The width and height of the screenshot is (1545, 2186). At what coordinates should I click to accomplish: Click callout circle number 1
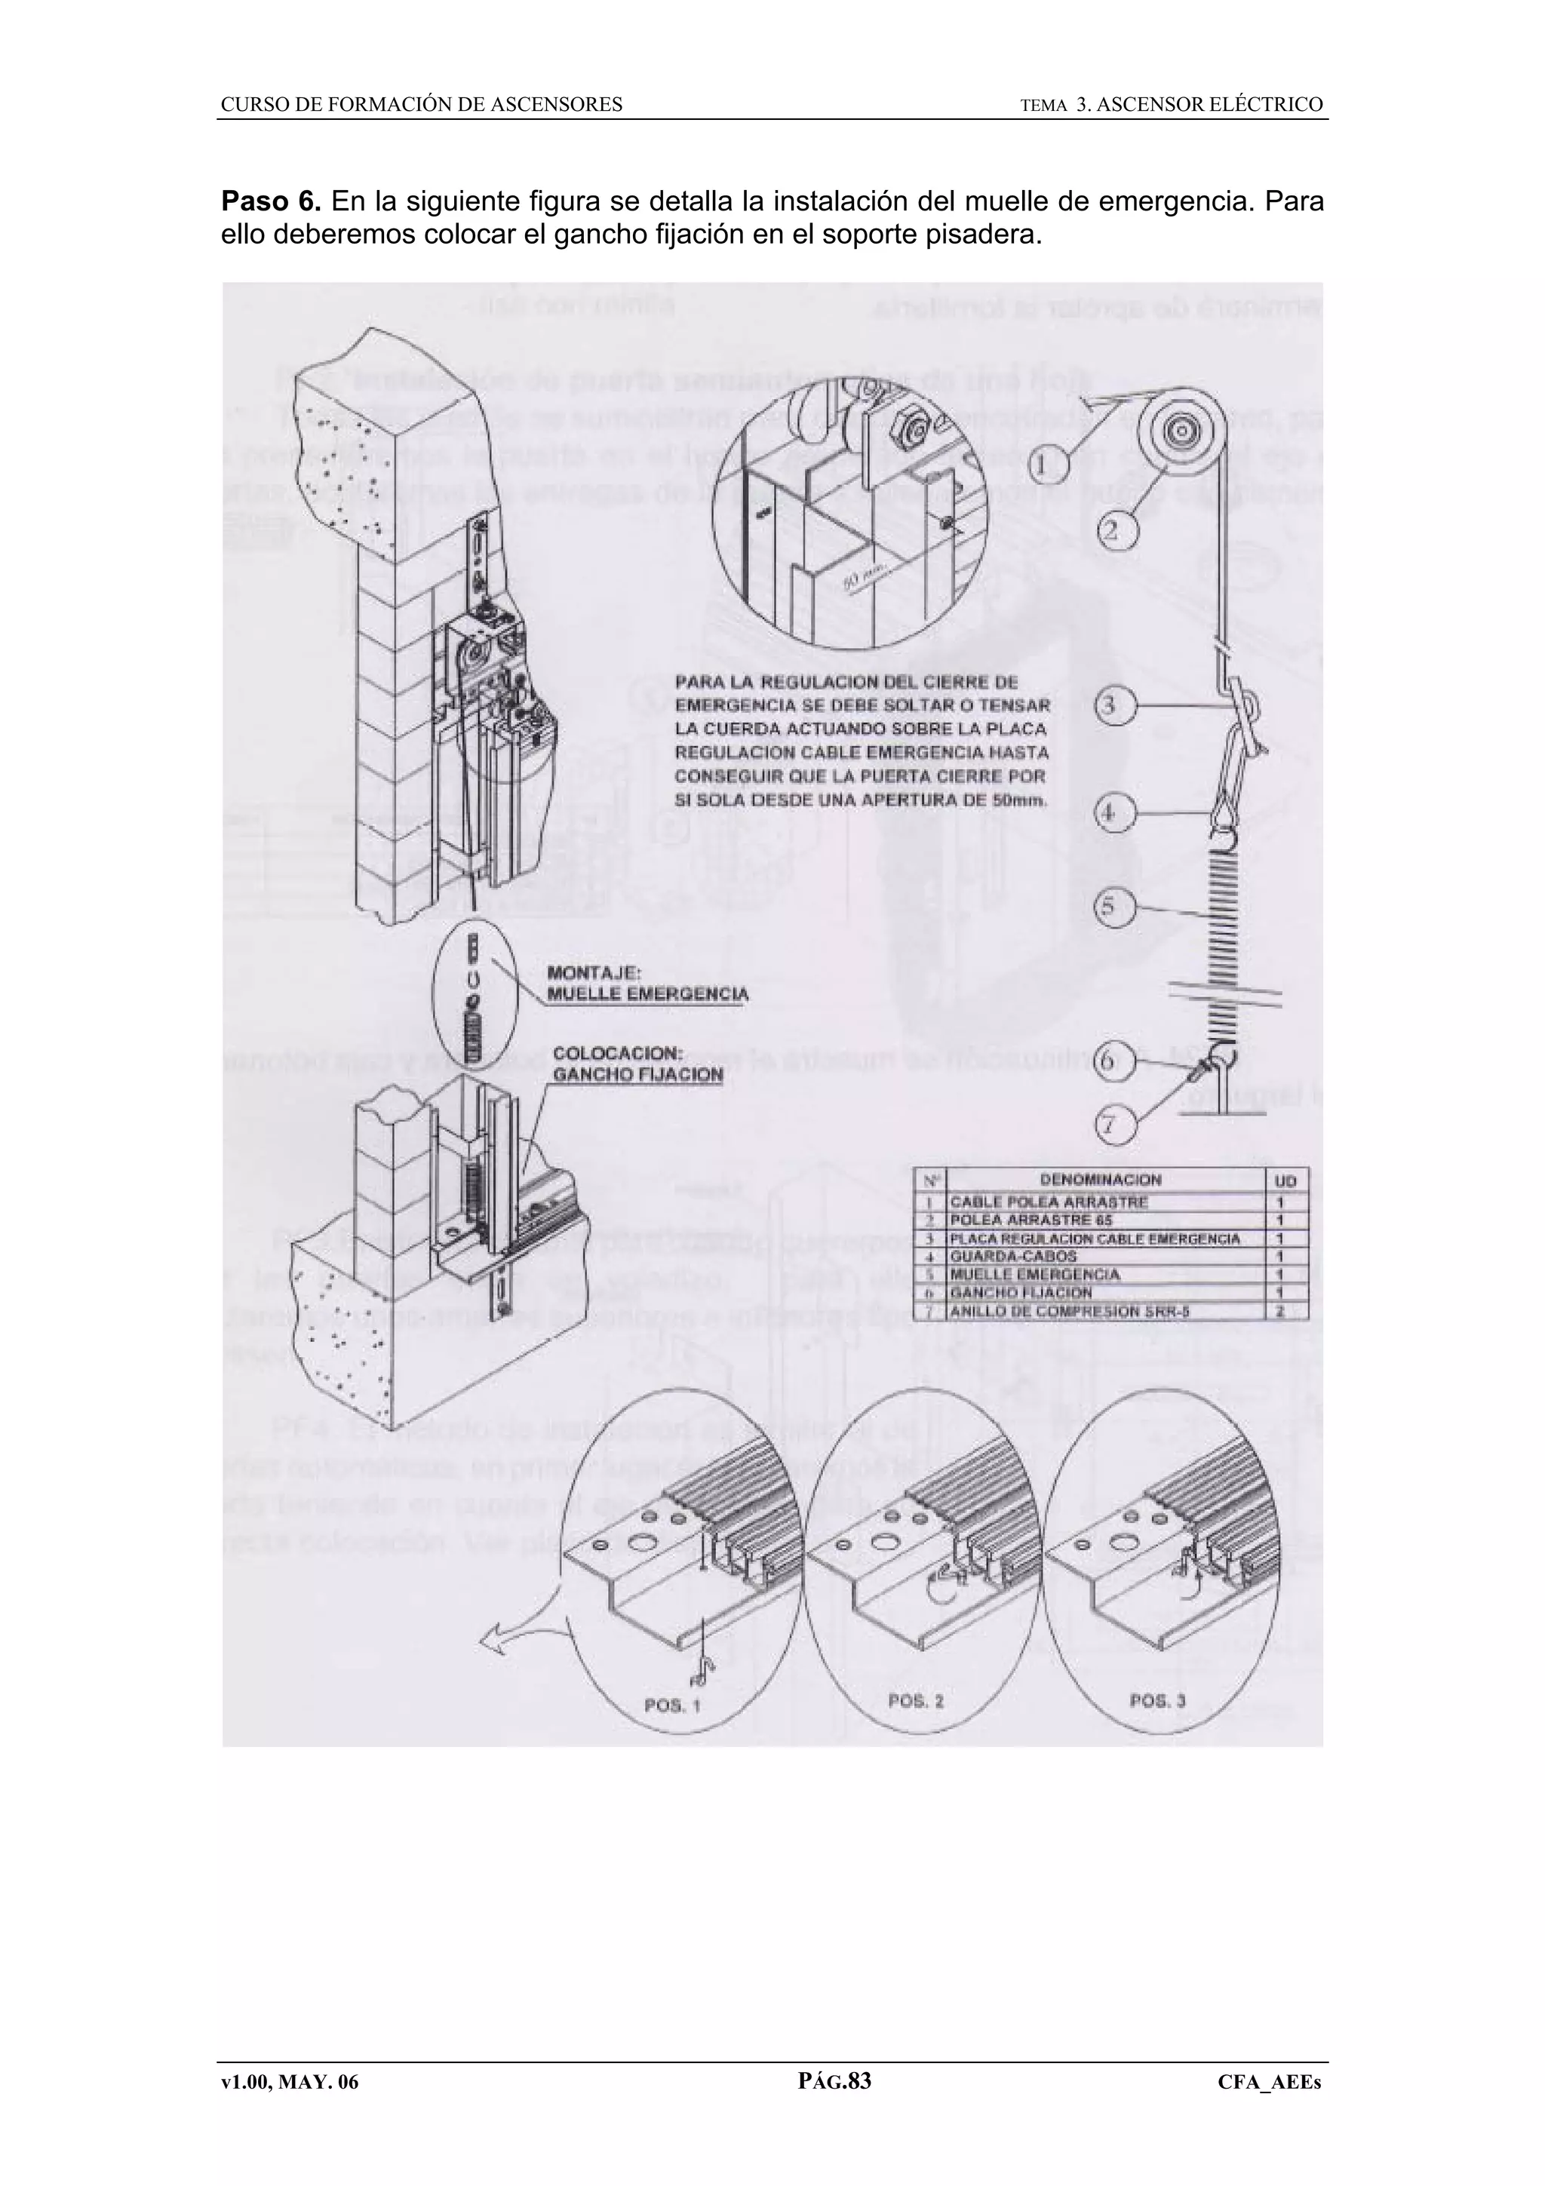1044,465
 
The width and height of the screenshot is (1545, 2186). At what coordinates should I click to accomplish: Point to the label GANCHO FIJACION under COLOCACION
637,1075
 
